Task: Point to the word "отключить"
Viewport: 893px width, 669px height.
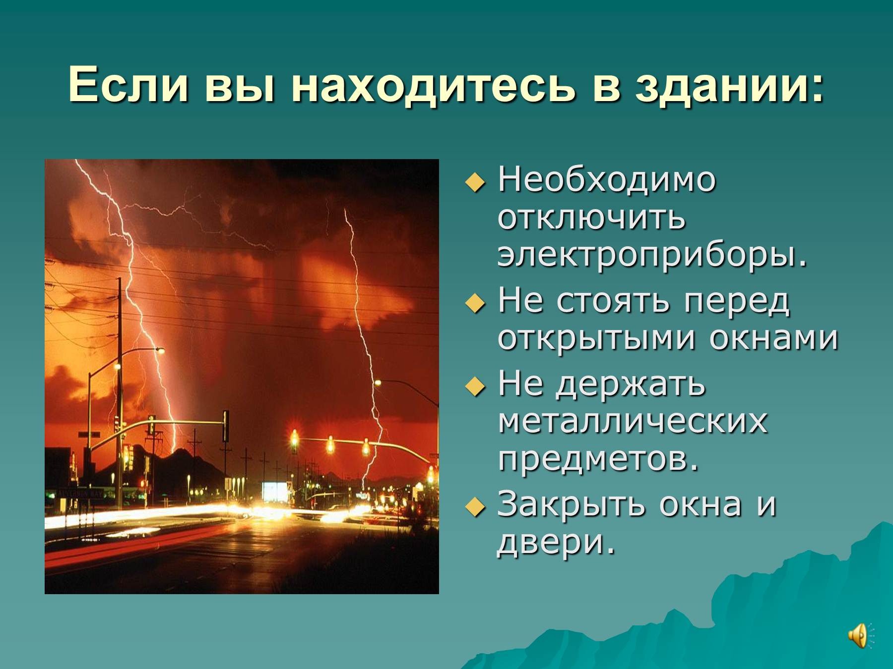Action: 591,218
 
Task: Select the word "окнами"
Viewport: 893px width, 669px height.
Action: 773,339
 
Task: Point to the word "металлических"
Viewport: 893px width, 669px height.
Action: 633,422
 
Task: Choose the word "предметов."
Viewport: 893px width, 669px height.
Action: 598,461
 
